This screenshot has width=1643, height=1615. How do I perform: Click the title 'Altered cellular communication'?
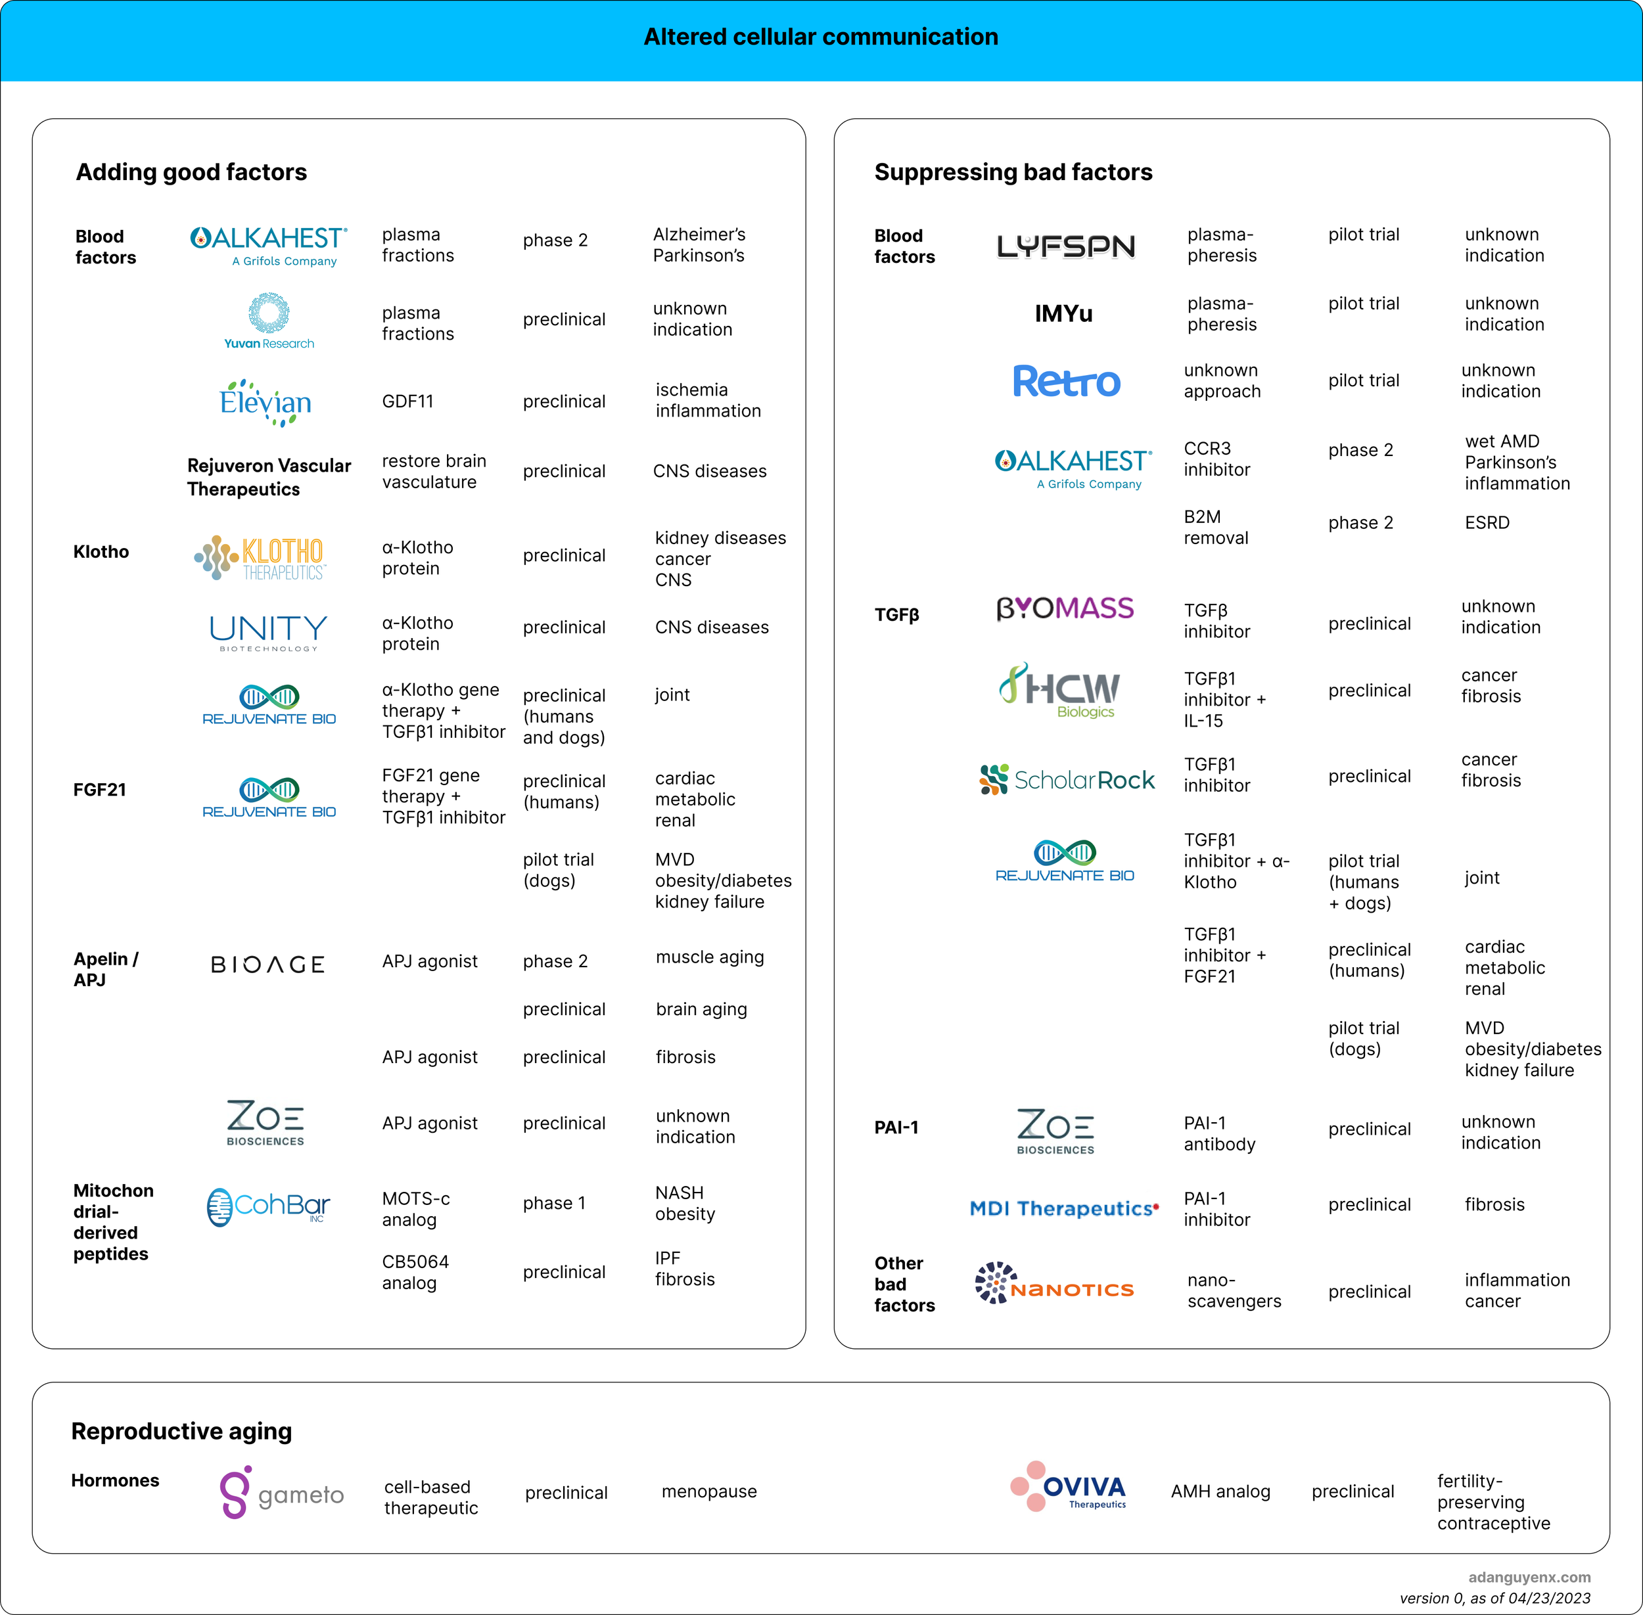(x=820, y=37)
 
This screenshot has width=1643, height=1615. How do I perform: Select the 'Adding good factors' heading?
(x=192, y=172)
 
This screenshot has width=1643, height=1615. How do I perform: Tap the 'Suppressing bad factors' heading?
(x=1013, y=172)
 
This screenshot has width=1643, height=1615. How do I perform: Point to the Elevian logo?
(x=266, y=402)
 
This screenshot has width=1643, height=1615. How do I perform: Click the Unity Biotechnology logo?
(x=268, y=633)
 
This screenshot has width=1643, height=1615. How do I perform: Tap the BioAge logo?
(x=268, y=965)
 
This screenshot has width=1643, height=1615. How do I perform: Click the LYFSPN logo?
(x=1065, y=246)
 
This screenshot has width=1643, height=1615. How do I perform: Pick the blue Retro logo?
(x=1066, y=382)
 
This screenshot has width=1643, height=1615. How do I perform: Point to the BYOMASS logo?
(x=1065, y=608)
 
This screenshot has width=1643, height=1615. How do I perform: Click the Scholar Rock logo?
(x=1066, y=779)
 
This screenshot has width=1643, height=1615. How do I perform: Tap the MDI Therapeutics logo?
(x=1063, y=1208)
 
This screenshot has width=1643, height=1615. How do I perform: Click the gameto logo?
(x=281, y=1493)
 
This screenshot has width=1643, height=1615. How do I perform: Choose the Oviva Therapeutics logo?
(x=1069, y=1486)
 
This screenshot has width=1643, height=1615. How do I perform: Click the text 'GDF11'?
(x=408, y=401)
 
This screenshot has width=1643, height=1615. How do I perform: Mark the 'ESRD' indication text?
(x=1487, y=522)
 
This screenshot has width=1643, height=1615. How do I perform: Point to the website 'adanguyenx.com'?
(x=1529, y=1577)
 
